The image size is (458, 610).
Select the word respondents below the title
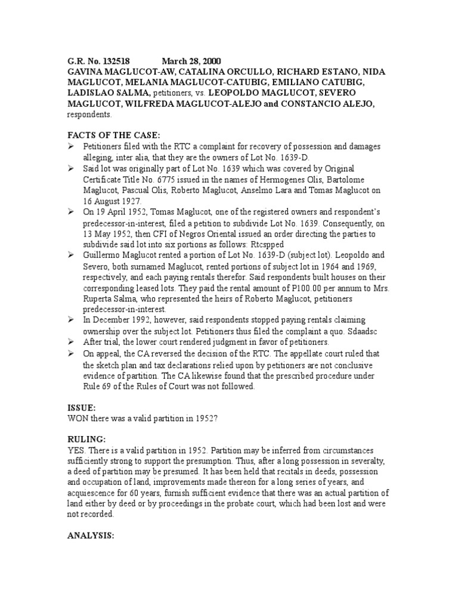point(85,115)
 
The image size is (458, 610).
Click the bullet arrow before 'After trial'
point(70,342)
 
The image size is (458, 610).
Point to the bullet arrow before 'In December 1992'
point(70,320)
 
